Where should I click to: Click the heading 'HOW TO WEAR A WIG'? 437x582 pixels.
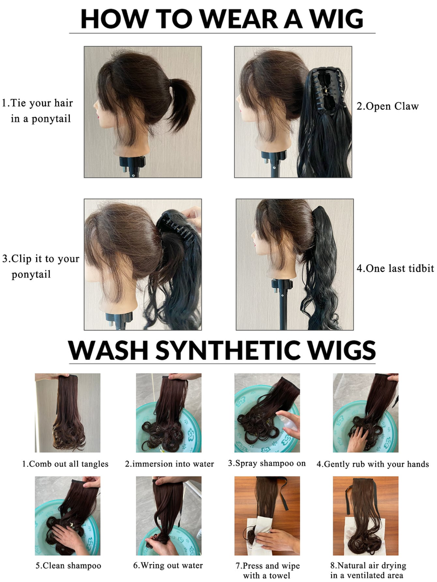click(222, 19)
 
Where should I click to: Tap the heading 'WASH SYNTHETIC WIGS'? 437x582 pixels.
click(222, 349)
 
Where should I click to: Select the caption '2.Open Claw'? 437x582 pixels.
click(388, 106)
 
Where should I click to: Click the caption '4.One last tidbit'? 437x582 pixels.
click(395, 269)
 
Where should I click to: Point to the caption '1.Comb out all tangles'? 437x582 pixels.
click(66, 464)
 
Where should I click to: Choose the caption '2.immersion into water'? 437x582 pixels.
click(169, 464)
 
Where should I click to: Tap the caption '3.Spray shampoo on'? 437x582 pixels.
click(267, 463)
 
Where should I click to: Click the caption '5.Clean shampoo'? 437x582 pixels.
click(68, 565)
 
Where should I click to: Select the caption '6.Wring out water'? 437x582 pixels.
click(168, 565)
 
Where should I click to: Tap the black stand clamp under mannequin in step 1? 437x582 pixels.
click(132, 163)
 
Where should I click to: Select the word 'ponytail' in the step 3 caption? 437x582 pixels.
click(31, 275)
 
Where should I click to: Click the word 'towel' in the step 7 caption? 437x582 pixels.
click(280, 575)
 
